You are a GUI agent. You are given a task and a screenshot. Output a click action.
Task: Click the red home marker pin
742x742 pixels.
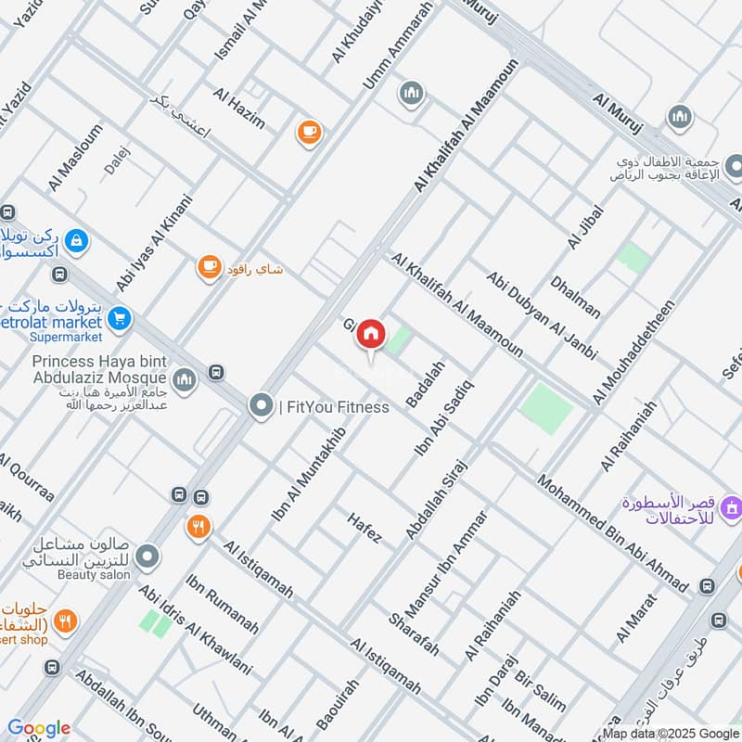[371, 335]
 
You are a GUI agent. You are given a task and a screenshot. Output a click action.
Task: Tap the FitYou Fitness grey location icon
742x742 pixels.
[262, 406]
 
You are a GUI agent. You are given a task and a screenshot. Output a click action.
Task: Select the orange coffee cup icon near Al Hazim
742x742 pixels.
[309, 133]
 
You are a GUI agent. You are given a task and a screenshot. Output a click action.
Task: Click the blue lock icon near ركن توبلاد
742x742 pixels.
[77, 240]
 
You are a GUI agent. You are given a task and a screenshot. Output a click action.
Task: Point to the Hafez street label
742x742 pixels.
[365, 529]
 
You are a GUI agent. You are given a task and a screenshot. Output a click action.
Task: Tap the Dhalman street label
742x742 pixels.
[575, 295]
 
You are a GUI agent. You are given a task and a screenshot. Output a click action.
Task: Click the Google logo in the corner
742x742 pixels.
[38, 728]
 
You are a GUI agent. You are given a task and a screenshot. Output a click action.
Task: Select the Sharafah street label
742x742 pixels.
[414, 633]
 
